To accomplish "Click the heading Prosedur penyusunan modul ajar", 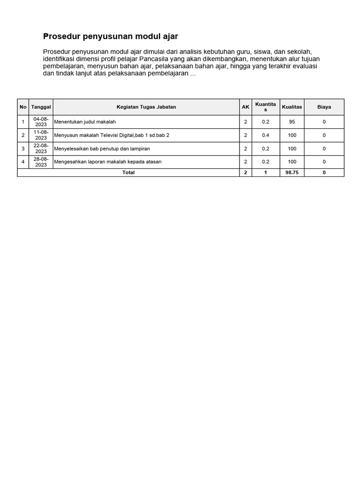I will click(x=110, y=36).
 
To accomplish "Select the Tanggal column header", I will click(x=41, y=107).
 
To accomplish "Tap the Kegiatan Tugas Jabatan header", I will click(x=146, y=107).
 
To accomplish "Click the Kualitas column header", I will click(x=292, y=107).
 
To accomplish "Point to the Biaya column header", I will click(x=324, y=107).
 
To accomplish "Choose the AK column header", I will click(x=246, y=107).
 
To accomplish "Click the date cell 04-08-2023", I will click(x=41, y=122).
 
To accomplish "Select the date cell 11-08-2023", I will click(x=41, y=135).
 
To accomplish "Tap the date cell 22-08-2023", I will click(x=41, y=149).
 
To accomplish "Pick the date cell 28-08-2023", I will click(x=41, y=162).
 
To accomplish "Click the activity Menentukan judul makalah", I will click(x=85, y=122).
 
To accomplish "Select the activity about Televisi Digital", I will click(x=112, y=135).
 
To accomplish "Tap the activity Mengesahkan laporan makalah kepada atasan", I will click(x=108, y=162).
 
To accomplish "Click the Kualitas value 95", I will click(x=292, y=122).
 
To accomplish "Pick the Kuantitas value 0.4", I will click(x=265, y=135).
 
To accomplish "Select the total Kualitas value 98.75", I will click(x=292, y=173).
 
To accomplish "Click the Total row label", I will click(x=128, y=173).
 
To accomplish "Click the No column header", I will click(x=23, y=107).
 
